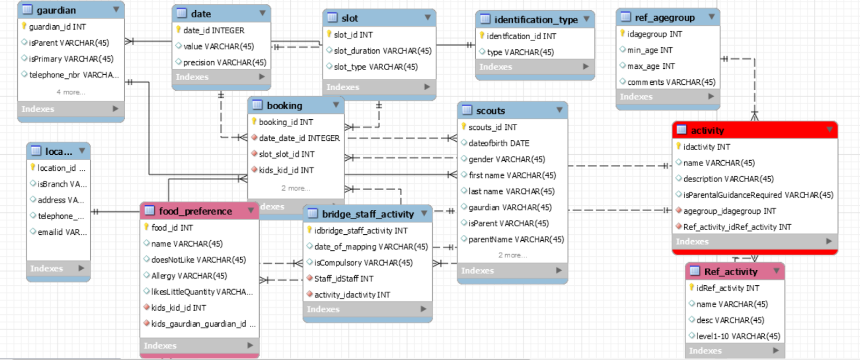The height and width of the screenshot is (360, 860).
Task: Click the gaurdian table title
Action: click(x=56, y=10)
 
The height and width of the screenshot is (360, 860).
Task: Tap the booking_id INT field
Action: click(x=285, y=122)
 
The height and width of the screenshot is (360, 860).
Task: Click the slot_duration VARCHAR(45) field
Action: click(x=382, y=51)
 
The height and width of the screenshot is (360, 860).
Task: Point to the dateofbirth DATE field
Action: click(x=498, y=143)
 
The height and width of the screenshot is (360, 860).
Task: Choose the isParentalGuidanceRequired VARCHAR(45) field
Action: click(x=758, y=195)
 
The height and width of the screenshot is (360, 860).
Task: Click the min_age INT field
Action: click(x=649, y=50)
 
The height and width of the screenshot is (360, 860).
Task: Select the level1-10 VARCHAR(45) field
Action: click(x=737, y=336)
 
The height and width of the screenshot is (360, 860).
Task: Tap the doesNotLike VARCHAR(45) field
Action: click(x=198, y=260)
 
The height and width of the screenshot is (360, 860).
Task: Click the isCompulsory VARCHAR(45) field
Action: click(x=363, y=263)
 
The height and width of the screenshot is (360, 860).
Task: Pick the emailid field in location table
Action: click(x=61, y=232)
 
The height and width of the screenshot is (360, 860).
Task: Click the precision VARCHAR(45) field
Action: click(x=224, y=62)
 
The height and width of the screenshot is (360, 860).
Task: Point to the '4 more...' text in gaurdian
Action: click(x=71, y=92)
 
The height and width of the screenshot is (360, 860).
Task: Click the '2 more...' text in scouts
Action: click(x=512, y=255)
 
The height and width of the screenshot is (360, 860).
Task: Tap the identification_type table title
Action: click(x=535, y=19)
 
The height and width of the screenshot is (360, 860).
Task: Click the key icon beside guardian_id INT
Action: click(x=24, y=26)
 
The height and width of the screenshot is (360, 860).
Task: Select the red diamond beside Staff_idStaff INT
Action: click(x=310, y=278)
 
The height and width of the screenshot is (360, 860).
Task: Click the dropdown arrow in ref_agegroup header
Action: click(x=711, y=17)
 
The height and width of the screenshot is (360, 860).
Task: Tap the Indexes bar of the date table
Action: click(x=220, y=77)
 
